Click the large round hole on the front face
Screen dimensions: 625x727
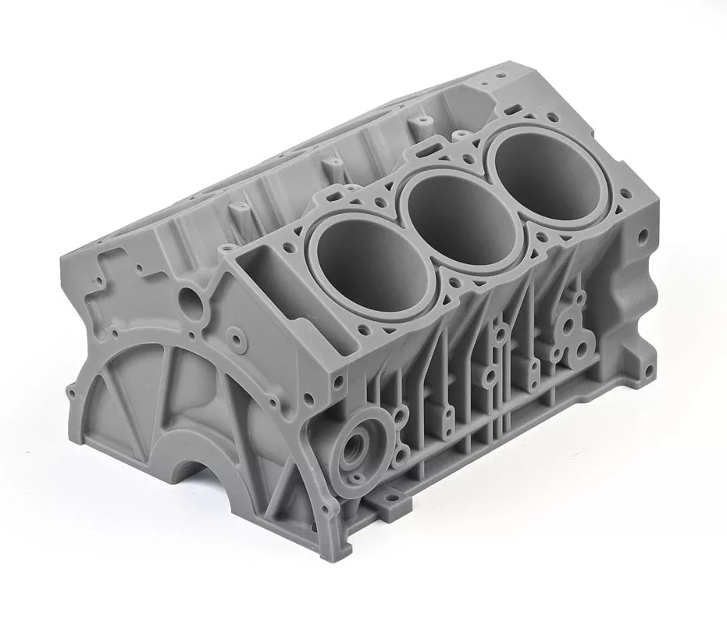point(189,298)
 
